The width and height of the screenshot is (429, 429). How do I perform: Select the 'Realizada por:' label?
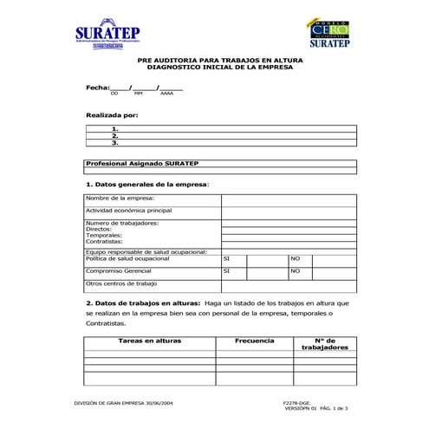tap(111, 114)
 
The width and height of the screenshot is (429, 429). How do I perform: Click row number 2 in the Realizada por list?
tap(115, 136)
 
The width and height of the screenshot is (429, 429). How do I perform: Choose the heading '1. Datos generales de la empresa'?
tap(147, 184)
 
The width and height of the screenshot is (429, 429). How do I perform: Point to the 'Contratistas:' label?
tap(105, 242)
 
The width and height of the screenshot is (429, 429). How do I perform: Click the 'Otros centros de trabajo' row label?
tap(121, 283)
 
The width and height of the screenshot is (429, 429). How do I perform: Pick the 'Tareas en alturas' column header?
tap(149, 341)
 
